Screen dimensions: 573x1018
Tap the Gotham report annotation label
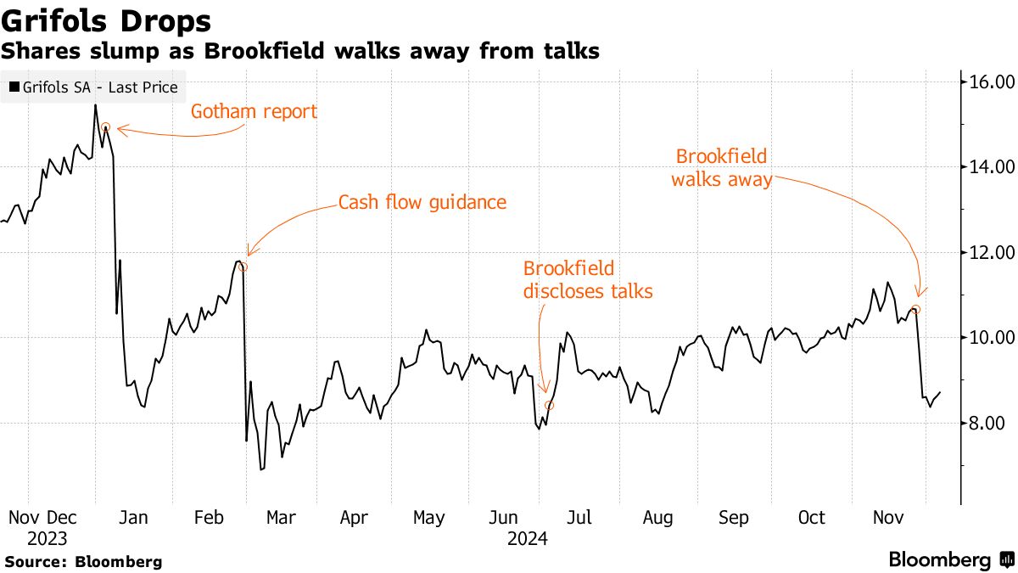coord(253,111)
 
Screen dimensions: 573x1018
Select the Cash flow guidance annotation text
coord(422,203)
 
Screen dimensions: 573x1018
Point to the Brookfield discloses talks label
coord(587,280)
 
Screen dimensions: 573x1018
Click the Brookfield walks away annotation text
coord(721,168)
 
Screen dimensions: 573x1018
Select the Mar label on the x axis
coord(281,518)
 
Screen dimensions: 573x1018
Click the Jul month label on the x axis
coord(579,518)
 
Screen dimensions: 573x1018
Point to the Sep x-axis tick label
coord(733,518)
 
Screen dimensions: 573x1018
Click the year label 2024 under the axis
coord(527,538)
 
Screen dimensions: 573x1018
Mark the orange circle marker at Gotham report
coord(105,127)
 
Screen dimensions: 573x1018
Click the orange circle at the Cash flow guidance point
coord(243,267)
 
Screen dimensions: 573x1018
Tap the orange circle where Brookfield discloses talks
coord(550,406)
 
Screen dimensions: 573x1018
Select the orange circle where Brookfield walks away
coord(915,309)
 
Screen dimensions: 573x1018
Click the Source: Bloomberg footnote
coord(83,562)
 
